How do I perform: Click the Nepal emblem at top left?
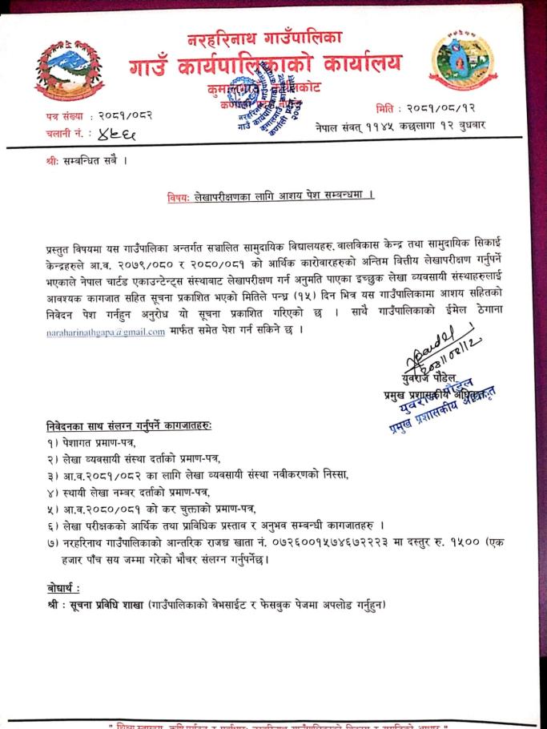click(x=69, y=69)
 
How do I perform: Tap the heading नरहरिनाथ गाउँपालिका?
click(x=264, y=38)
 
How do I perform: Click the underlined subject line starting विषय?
click(x=271, y=196)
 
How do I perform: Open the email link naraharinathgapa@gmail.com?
click(x=105, y=330)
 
